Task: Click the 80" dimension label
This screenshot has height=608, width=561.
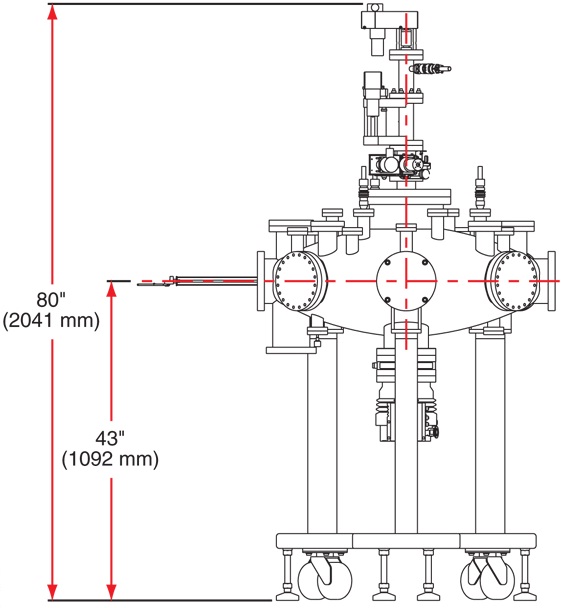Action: tap(51, 300)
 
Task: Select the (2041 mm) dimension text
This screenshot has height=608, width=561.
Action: tap(51, 321)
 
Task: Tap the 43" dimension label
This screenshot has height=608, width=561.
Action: tap(110, 439)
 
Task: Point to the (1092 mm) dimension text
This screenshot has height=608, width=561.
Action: tap(110, 459)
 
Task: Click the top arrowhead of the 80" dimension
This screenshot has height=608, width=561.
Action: tap(52, 13)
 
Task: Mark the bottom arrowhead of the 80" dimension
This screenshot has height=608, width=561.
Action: tap(52, 591)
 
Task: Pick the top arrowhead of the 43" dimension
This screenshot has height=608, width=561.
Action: tap(111, 289)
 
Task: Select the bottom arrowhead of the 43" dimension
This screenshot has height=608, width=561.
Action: tap(111, 591)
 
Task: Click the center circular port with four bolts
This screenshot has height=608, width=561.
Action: tap(406, 280)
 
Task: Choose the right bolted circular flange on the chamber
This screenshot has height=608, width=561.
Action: tap(514, 281)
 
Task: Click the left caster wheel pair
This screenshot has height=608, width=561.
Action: tap(325, 578)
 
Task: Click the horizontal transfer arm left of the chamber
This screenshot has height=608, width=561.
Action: tap(197, 281)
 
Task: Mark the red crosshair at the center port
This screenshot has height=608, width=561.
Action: tap(406, 280)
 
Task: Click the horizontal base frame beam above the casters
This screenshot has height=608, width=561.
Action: tap(406, 541)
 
